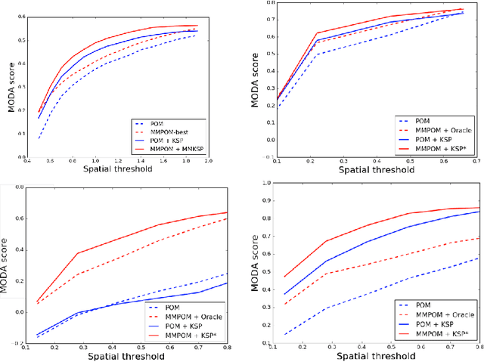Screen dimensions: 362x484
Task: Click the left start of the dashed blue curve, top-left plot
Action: coord(39,138)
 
